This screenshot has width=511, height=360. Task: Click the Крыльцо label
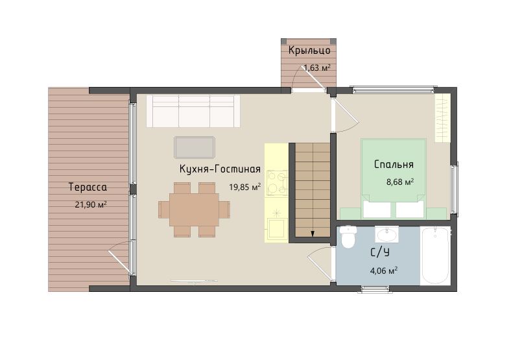pos(309,51)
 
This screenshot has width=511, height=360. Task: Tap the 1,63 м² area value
pos(317,68)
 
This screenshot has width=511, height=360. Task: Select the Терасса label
pos(88,187)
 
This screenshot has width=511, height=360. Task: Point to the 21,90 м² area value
pos(91,204)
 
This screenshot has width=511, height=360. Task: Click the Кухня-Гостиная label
pos(220,169)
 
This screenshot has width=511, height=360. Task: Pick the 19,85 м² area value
pos(244,187)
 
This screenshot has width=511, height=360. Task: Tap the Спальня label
pos(394,164)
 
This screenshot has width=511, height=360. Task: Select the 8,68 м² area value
pos(400,182)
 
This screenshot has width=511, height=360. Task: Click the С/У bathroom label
pos(380,252)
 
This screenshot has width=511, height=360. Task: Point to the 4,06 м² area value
pos(384,270)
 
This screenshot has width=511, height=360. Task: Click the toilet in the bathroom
pos(348,236)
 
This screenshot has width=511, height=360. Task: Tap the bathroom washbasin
pos(387,234)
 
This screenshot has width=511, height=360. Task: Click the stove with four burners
pos(277,183)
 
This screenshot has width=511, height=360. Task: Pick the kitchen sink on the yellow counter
pos(277,228)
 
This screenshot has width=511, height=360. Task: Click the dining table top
pos(195,210)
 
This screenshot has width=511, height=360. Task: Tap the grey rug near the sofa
pos(195,147)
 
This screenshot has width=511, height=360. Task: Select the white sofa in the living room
pos(193,111)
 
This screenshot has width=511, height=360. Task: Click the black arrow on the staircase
pos(313,234)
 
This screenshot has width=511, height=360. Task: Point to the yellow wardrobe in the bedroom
pos(442,117)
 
